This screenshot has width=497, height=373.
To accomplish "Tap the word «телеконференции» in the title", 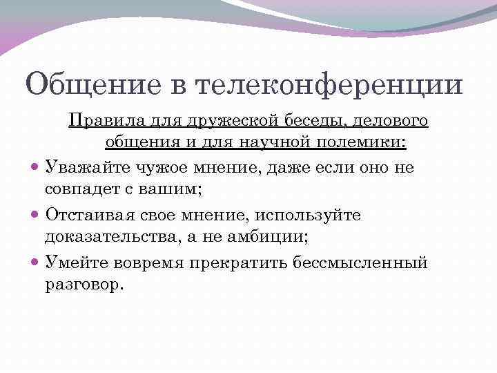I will point(330,85).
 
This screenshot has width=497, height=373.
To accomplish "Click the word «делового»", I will point(391,122).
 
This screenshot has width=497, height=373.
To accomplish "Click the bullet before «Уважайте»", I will point(35,167).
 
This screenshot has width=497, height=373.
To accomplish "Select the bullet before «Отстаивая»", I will point(35,216).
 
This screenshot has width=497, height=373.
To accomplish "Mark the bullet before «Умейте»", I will point(35,263).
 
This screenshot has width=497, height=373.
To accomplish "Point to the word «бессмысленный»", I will point(378,263).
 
